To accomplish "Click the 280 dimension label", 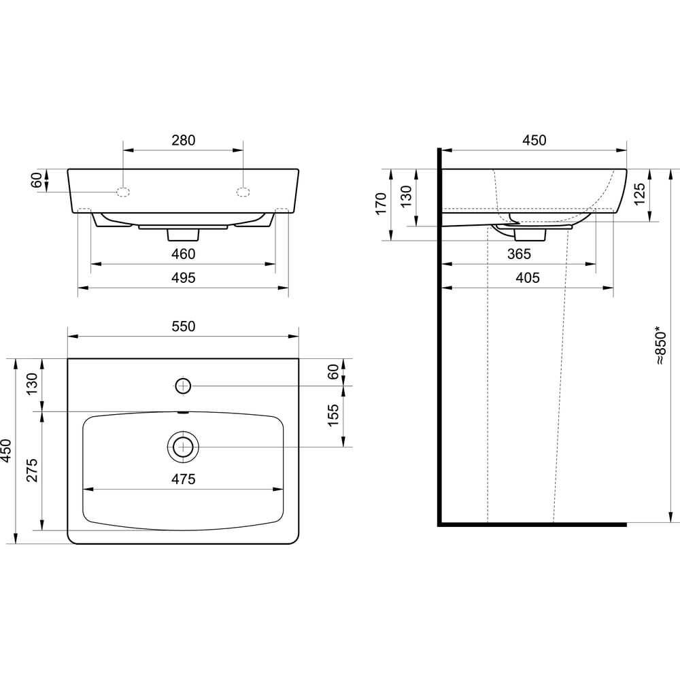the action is tap(184, 140).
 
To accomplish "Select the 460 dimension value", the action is tap(184, 254).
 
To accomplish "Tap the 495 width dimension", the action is tap(184, 277).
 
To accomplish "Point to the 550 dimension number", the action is tap(184, 326).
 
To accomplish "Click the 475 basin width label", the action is tap(184, 479).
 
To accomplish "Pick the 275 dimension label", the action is tap(32, 470).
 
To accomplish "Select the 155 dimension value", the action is tap(333, 415).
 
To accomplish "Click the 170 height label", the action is tap(381, 204).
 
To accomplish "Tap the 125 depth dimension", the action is tap(639, 194).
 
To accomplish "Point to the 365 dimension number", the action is tap(519, 254).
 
